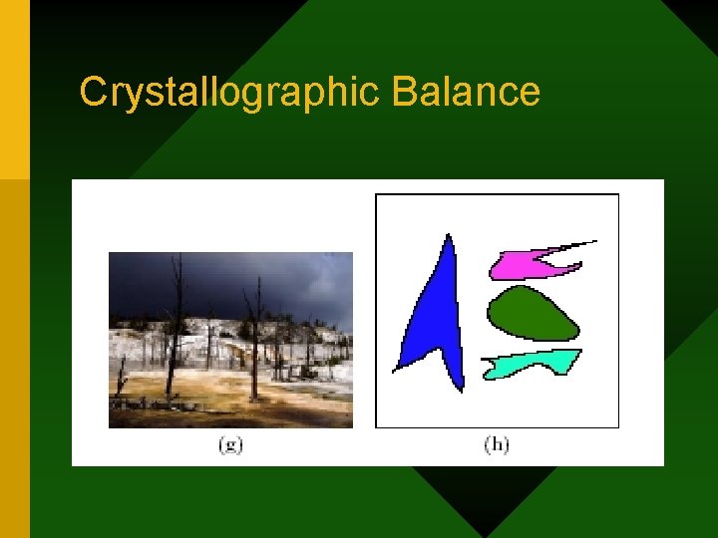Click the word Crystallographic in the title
pyautogui.click(x=230, y=92)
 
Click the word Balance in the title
pyautogui.click(x=466, y=92)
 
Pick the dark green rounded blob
pyautogui.click(x=531, y=314)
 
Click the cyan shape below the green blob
pyautogui.click(x=529, y=364)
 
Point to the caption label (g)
pyautogui.click(x=231, y=444)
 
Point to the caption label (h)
pyautogui.click(x=497, y=444)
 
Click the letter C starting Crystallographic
pyautogui.click(x=92, y=92)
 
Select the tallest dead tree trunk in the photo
pyautogui.click(x=177, y=319)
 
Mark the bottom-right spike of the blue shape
pyautogui.click(x=460, y=388)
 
